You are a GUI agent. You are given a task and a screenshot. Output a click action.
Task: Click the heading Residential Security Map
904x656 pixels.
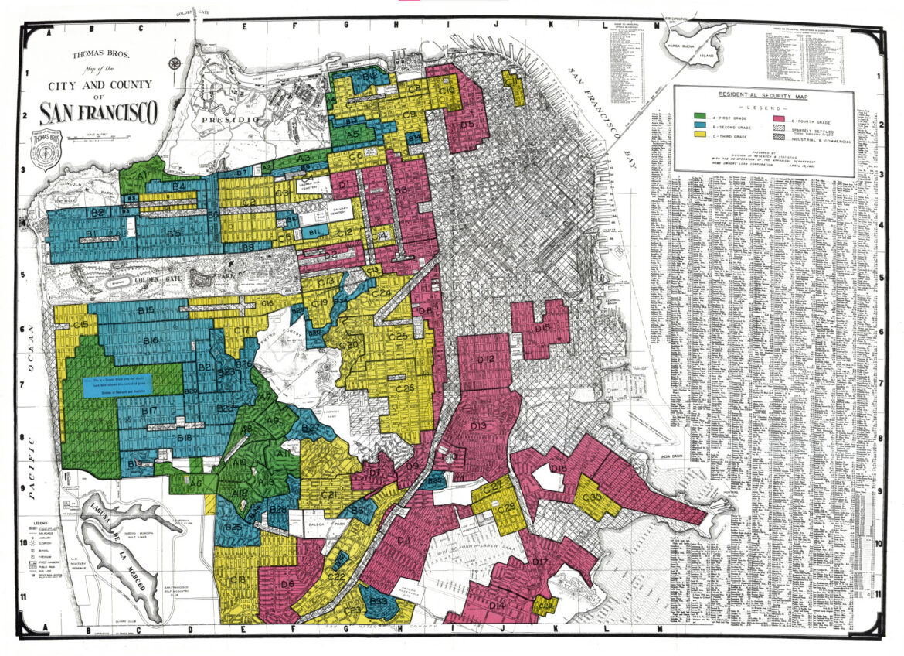[x=763, y=94]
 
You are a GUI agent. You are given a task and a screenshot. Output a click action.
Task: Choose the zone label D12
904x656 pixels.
[x=485, y=360]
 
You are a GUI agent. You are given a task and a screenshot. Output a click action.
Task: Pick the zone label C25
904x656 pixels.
[x=398, y=337]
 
